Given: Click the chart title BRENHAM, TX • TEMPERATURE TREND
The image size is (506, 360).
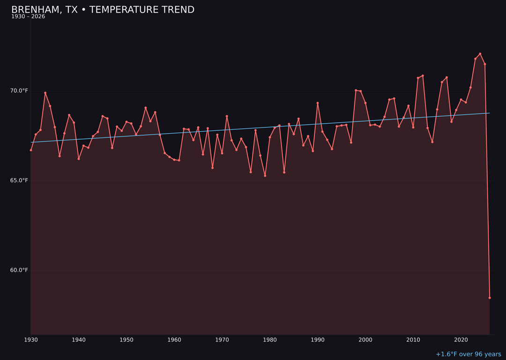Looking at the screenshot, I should click(x=103, y=10).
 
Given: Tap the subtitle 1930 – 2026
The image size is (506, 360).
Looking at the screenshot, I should click(x=28, y=17).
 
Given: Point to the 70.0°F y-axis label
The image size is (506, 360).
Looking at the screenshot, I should click(x=19, y=90).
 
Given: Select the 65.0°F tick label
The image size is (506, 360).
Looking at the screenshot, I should click(x=19, y=180).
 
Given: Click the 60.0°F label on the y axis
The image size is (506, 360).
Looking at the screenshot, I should click(x=19, y=270).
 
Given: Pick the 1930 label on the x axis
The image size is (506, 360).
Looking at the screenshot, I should click(x=31, y=340).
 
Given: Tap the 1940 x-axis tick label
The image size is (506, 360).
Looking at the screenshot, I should click(x=79, y=340).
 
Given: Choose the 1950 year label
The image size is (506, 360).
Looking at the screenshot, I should click(x=126, y=340).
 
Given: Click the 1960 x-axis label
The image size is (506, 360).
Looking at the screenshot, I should click(x=174, y=340).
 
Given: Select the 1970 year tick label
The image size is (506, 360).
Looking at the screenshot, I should click(x=222, y=340).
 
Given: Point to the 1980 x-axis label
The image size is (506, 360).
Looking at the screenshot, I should click(x=270, y=340).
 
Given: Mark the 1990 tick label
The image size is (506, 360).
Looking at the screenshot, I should click(x=318, y=340).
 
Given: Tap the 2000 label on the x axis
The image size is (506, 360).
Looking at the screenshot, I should click(x=365, y=340).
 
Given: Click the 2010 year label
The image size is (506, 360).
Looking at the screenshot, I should click(x=413, y=340).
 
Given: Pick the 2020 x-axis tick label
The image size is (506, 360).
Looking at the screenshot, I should click(x=461, y=340).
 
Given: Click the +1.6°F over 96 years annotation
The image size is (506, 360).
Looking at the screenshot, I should click(x=468, y=354).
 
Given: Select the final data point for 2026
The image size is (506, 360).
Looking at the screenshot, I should click(x=490, y=298).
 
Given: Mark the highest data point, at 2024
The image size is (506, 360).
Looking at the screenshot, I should click(x=480, y=54).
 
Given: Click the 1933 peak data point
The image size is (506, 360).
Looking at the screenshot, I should click(x=45, y=93).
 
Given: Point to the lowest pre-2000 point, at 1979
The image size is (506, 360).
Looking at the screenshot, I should click(x=265, y=176).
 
